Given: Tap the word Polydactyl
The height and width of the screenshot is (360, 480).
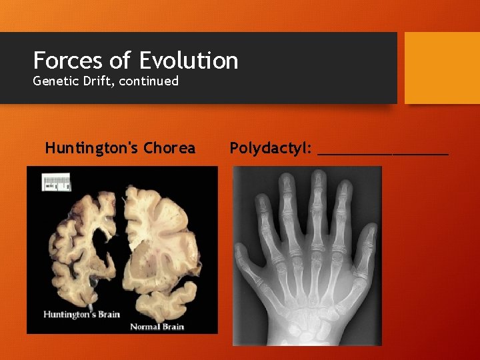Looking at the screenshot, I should tap(271, 148).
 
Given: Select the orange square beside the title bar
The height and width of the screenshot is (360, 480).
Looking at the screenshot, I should tap(442, 67).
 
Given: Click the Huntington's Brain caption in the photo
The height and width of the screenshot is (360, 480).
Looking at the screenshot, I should tap(81, 313).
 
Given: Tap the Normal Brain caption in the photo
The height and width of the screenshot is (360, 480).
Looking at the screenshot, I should tap(157, 327).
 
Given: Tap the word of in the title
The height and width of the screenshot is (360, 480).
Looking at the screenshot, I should tap(121, 61).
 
